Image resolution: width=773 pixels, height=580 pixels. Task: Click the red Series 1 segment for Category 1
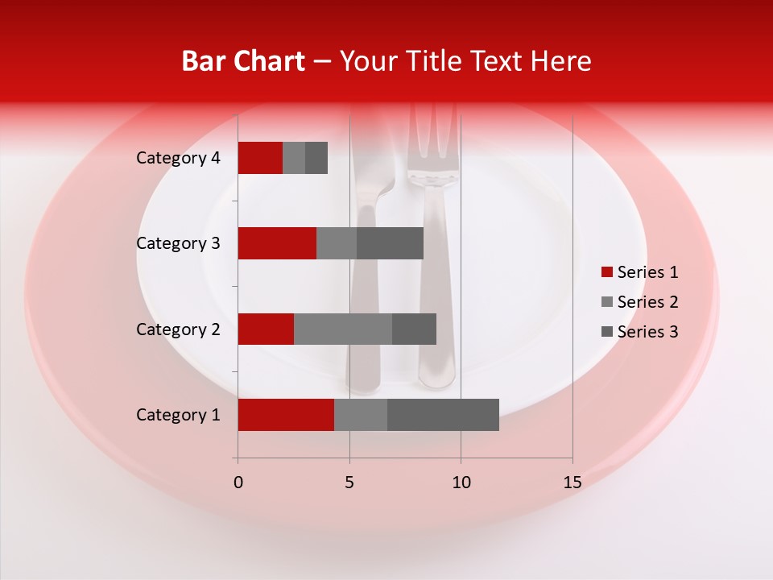tap(286, 415)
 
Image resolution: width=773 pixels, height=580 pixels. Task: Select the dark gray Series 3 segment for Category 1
tap(443, 415)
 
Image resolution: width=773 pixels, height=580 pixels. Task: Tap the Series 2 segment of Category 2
tap(343, 329)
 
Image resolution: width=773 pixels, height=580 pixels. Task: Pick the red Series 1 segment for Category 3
tap(277, 243)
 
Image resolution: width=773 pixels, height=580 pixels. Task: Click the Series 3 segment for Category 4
tap(316, 158)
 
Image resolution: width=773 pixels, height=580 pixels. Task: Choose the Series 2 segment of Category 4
tap(294, 158)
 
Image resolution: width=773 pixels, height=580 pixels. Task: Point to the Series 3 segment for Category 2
tap(414, 329)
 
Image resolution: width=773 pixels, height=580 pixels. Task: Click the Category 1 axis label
tap(178, 415)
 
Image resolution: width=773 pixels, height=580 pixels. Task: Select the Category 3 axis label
tap(178, 243)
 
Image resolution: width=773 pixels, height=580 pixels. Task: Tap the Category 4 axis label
tap(178, 158)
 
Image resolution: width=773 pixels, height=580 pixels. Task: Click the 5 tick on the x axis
tap(349, 483)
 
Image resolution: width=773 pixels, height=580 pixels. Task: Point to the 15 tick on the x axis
tap(572, 483)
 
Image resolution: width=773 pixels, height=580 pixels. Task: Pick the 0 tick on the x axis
tap(238, 483)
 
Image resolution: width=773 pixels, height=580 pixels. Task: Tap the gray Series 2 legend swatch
tap(607, 302)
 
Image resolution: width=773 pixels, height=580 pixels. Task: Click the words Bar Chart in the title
tap(243, 61)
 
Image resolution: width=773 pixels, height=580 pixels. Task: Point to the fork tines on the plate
tap(433, 137)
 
